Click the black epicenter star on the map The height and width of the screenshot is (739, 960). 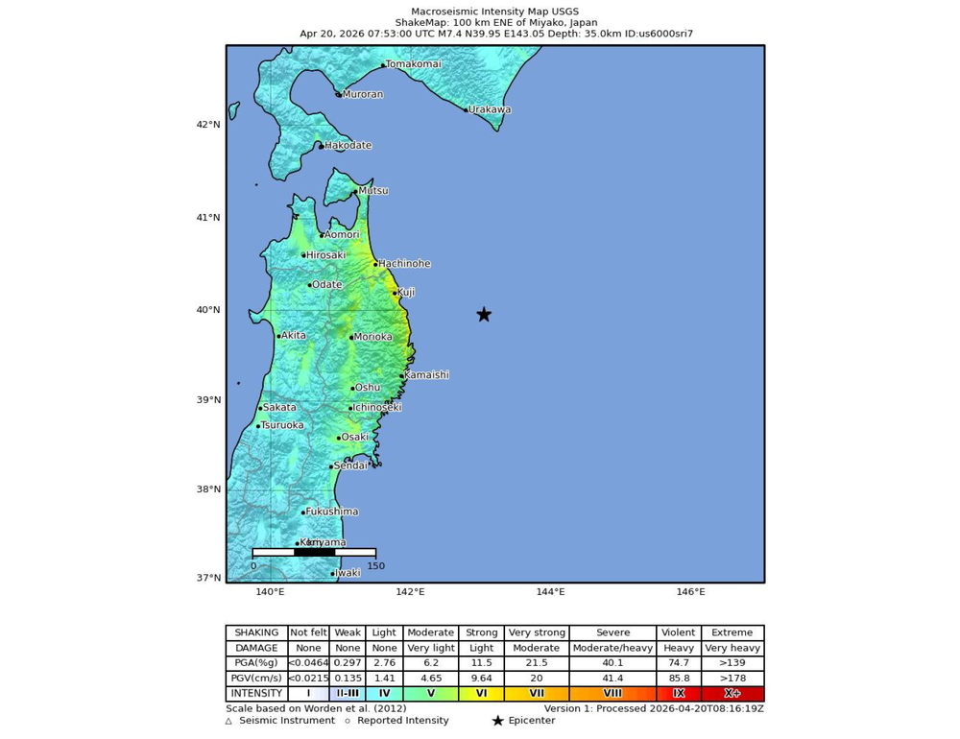(x=484, y=315)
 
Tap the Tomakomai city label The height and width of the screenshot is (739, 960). (x=414, y=64)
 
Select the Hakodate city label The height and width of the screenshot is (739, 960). (x=348, y=146)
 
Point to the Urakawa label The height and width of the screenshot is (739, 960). (x=490, y=109)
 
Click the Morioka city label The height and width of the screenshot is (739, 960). (x=372, y=337)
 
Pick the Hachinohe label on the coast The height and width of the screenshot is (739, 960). (x=404, y=264)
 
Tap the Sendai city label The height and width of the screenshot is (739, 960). (x=351, y=465)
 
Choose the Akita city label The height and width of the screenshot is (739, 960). (x=294, y=336)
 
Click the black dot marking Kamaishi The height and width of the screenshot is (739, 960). (x=401, y=376)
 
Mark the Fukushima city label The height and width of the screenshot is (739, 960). (x=332, y=512)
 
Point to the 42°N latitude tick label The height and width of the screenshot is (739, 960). (x=208, y=125)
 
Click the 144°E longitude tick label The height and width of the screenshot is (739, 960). (x=550, y=592)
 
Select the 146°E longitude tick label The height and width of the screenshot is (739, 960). (x=690, y=592)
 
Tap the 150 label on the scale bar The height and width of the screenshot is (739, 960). (x=375, y=566)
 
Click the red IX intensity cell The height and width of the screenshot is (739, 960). (x=679, y=693)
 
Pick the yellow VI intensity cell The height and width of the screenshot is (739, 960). (x=481, y=693)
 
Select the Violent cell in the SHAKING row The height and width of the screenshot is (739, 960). (x=679, y=632)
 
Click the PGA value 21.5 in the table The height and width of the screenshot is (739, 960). (x=536, y=663)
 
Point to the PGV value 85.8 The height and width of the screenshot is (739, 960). (x=679, y=678)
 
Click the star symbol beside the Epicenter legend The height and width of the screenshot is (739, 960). (x=497, y=721)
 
